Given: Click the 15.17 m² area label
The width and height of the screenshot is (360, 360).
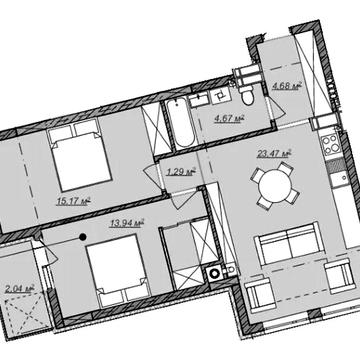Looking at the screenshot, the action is pyautogui.click(x=74, y=201).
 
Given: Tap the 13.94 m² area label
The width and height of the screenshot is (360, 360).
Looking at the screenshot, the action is pyautogui.click(x=127, y=223).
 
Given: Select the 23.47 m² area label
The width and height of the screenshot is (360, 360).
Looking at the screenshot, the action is pyautogui.click(x=274, y=154).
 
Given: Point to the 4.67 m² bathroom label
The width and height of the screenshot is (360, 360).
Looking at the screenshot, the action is pyautogui.click(x=230, y=118).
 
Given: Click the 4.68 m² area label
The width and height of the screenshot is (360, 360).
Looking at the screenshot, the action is pyautogui.click(x=287, y=86).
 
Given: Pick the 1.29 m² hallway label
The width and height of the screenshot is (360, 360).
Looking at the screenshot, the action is pyautogui.click(x=180, y=172).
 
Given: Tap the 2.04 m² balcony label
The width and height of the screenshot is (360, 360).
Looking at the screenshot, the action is pyautogui.click(x=20, y=289).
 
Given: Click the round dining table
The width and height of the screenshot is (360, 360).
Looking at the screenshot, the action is pyautogui.click(x=275, y=185).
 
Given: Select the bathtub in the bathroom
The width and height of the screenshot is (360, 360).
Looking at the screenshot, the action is pyautogui.click(x=180, y=124).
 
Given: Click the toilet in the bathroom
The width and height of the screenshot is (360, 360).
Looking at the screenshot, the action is pyautogui.click(x=248, y=94).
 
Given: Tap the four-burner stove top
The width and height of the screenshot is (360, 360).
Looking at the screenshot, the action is pyautogui.click(x=330, y=146).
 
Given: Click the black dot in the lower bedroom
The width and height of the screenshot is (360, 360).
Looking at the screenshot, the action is pyautogui.click(x=82, y=237).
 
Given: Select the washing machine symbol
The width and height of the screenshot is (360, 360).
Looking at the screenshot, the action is pyautogui.click(x=213, y=273).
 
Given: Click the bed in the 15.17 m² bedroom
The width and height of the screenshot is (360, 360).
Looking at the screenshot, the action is pyautogui.click(x=80, y=155).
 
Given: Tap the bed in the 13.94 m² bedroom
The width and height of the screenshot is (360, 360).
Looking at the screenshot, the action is pyautogui.click(x=119, y=270).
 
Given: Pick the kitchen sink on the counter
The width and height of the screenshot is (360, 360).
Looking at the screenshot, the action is pyautogui.click(x=340, y=177).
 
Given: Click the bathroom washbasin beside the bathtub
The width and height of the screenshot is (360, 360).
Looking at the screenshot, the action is pyautogui.click(x=199, y=100).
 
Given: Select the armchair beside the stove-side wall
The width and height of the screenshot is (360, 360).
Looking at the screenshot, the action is pyautogui.click(x=339, y=276).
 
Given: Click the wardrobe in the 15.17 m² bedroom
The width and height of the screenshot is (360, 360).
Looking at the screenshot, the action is pyautogui.click(x=156, y=129).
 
